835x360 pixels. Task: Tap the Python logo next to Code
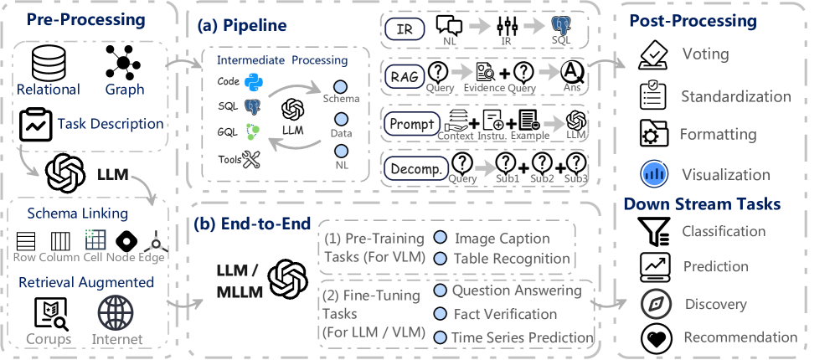[253, 82]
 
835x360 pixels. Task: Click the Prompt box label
[412, 125]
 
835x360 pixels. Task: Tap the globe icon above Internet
[116, 314]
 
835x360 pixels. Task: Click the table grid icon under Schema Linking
[95, 239]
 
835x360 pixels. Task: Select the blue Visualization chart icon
[653, 174]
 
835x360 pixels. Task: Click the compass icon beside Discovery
[656, 304]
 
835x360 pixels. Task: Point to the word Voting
[705, 55]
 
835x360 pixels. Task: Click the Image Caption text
[502, 239]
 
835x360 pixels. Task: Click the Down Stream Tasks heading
[702, 203]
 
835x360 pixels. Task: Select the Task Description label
[110, 124]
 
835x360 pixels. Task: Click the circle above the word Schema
[340, 86]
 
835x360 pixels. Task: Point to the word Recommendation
[740, 337]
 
